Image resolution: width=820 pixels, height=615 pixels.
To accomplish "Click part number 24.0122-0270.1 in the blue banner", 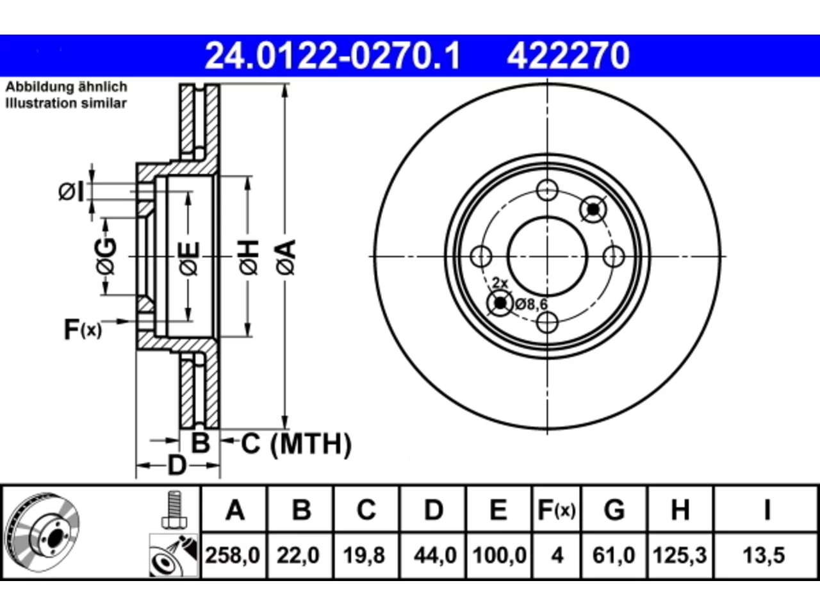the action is click(333, 56).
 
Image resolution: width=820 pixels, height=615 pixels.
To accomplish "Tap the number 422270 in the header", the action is click(568, 56).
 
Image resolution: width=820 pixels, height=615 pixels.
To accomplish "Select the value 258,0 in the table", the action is click(233, 555).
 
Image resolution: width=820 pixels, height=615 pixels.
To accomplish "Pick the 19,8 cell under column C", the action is click(364, 555).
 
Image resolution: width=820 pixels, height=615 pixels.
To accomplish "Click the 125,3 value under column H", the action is click(680, 555).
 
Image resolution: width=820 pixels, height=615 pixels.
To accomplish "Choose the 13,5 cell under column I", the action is click(764, 555).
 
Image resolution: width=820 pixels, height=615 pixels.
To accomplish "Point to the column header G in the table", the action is click(614, 510).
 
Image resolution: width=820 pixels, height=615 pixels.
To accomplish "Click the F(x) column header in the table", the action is click(556, 510).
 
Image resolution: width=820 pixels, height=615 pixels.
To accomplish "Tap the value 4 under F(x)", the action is click(557, 555).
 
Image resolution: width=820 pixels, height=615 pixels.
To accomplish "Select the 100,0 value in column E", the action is click(499, 555).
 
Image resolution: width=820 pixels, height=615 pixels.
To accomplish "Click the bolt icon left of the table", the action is click(174, 510).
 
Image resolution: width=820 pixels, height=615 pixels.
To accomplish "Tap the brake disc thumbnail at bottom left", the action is click(42, 533).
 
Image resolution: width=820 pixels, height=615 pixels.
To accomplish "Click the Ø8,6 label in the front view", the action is click(531, 304).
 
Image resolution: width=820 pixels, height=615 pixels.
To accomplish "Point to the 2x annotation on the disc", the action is click(500, 283).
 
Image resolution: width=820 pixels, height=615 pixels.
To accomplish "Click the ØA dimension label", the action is click(286, 257).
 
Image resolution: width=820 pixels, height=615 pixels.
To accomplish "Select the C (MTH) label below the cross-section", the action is click(296, 444).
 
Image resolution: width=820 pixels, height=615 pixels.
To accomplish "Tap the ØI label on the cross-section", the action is click(71, 192).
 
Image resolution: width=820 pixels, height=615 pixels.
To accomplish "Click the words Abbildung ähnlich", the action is click(67, 86).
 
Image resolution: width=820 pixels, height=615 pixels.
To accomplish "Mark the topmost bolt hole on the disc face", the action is click(547, 190).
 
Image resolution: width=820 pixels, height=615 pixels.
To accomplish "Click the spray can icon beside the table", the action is click(174, 555).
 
